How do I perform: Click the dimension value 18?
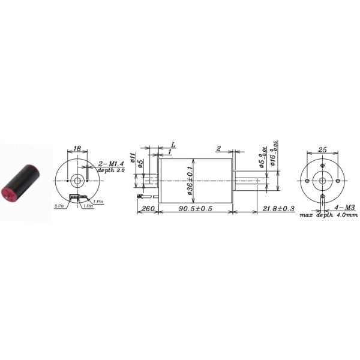[77, 148]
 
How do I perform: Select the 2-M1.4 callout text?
[110, 163]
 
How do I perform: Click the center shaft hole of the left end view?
[77, 180]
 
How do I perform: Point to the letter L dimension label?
[173, 145]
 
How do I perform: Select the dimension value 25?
[322, 148]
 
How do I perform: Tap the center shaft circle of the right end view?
[322, 180]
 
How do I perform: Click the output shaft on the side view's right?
[247, 178]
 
